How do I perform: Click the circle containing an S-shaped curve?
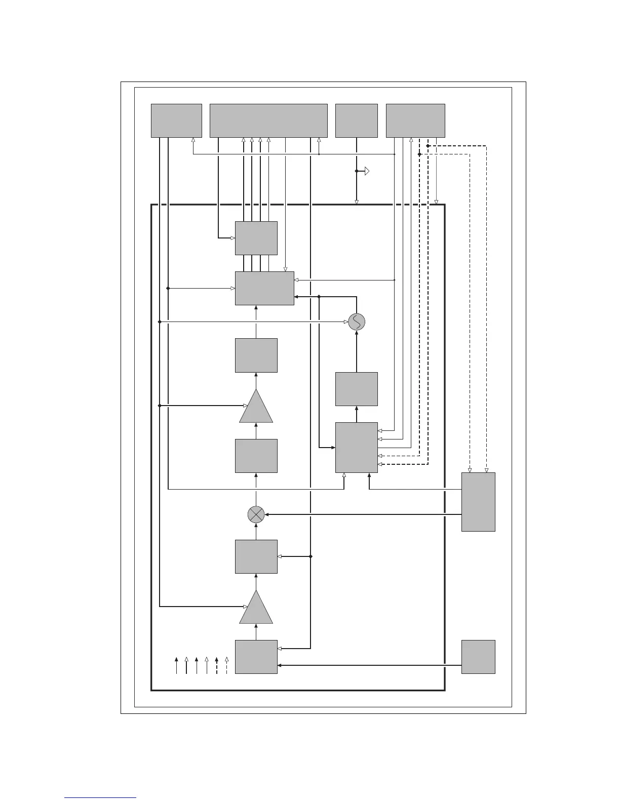click(357, 322)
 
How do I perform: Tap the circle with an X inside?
click(256, 515)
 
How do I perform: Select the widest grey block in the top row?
click(268, 121)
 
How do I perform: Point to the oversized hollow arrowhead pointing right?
click(366, 171)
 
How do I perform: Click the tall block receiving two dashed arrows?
click(478, 502)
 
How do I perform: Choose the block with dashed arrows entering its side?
click(357, 447)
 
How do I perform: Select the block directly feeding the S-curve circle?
click(357, 389)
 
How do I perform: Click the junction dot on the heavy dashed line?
click(428, 146)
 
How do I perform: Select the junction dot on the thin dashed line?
click(419, 154)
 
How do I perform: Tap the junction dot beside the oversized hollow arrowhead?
click(357, 171)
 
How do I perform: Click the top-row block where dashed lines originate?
click(415, 121)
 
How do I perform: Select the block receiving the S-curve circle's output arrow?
click(264, 289)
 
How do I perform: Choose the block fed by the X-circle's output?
click(256, 456)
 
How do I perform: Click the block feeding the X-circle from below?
click(256, 556)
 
